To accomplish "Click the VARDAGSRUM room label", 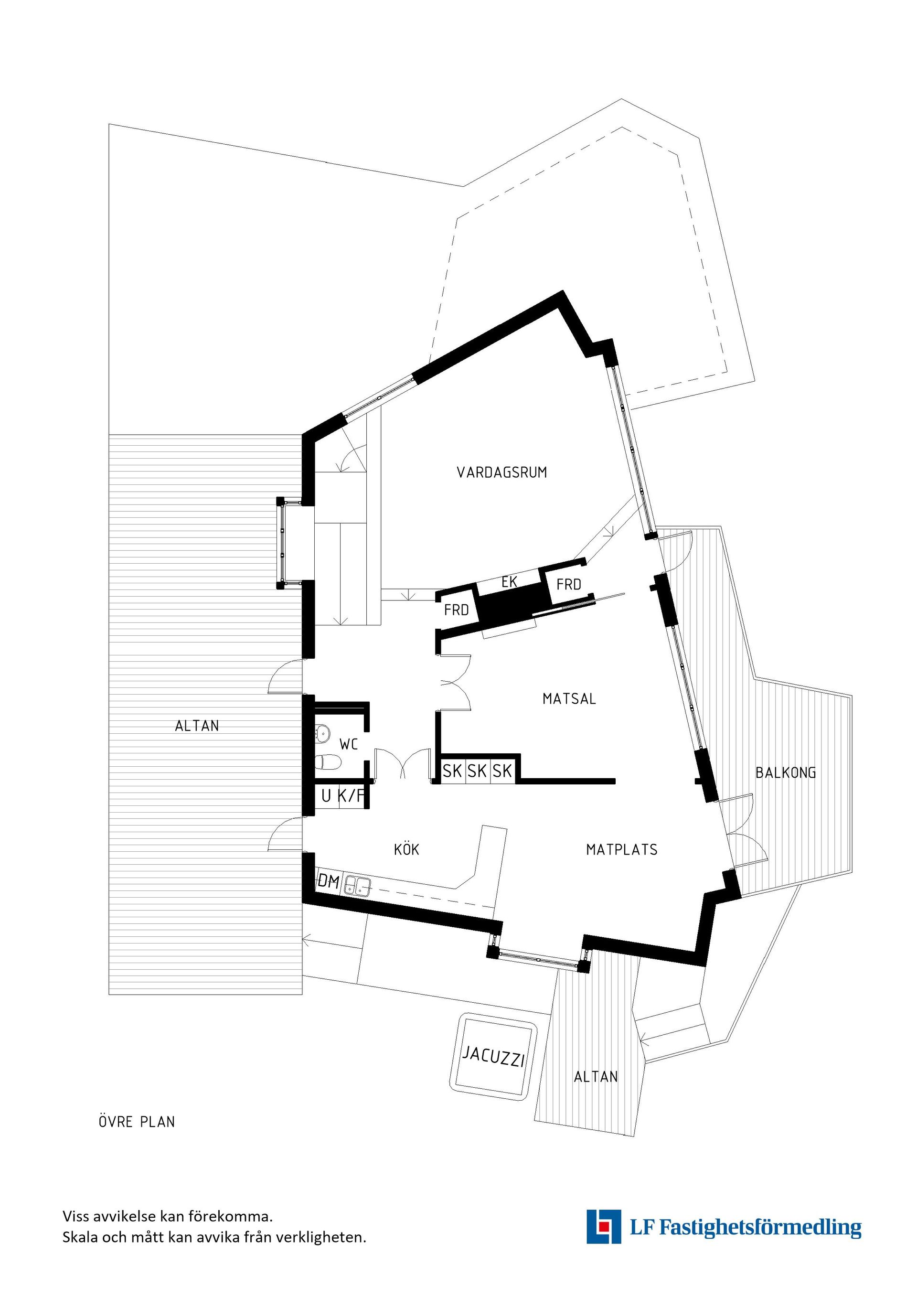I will click(x=501, y=472).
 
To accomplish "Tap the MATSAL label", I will click(x=569, y=699).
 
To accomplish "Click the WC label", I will click(x=348, y=745).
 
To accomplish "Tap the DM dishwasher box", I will click(x=328, y=881).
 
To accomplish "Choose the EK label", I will click(x=509, y=582).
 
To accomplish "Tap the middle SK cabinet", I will click(x=477, y=771).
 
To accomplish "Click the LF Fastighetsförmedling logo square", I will click(x=604, y=1242).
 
